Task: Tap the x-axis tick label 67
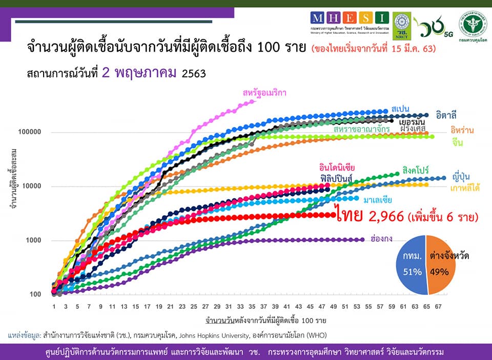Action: (438, 307)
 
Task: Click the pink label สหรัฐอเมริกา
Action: (264, 93)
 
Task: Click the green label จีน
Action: (458, 143)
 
